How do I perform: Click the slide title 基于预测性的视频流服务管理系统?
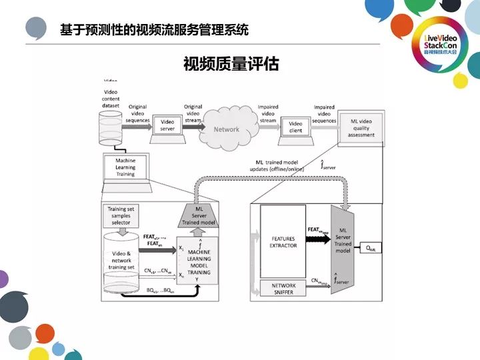[x=153, y=30]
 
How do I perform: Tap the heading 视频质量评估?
[x=231, y=64]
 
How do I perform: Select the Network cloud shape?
[x=226, y=128]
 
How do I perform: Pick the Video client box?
[x=295, y=127]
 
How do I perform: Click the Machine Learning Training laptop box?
[x=125, y=167]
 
